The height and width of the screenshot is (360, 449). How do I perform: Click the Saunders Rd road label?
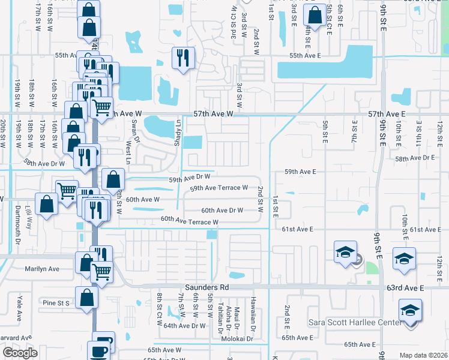(x=207, y=287)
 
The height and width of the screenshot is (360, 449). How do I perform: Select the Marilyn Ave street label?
(x=42, y=269)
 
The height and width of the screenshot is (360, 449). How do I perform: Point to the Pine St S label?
(x=56, y=303)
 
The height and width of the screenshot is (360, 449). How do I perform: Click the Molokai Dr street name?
(x=238, y=339)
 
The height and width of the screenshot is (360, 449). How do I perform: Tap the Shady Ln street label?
(x=178, y=130)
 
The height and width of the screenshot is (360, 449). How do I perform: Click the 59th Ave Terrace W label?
(x=219, y=188)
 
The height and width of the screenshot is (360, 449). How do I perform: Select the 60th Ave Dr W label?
(x=222, y=211)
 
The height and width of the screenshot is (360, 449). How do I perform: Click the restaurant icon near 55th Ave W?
(x=181, y=57)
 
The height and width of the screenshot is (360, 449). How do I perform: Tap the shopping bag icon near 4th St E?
(x=314, y=16)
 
